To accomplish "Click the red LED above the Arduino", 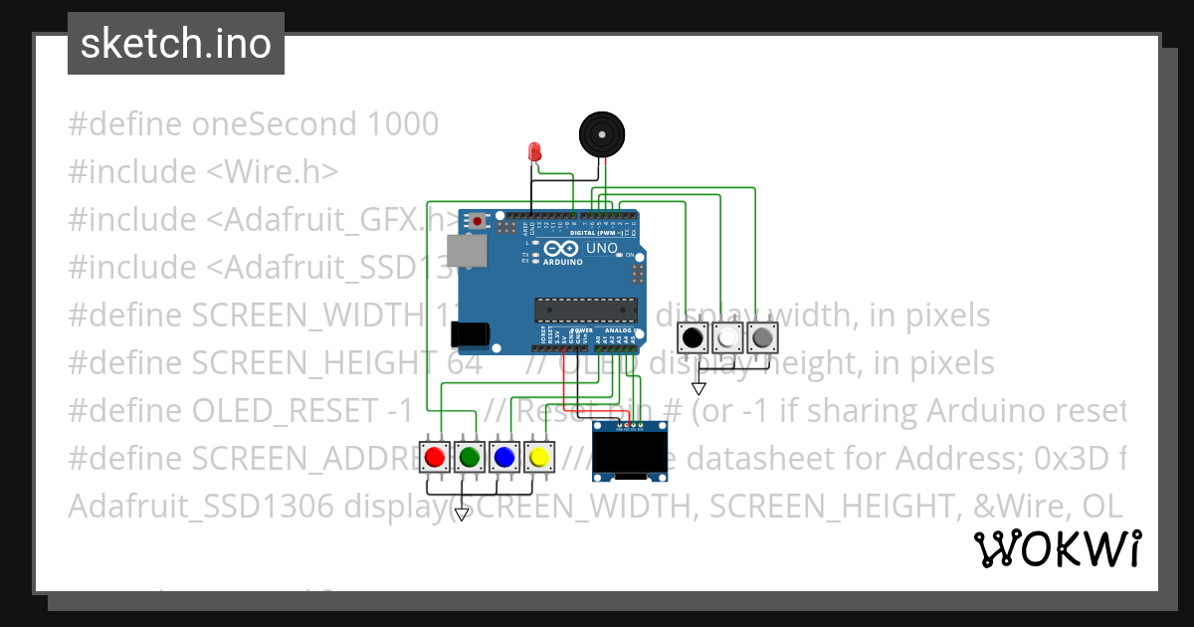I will click(534, 152).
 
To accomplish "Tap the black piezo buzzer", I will click(603, 133).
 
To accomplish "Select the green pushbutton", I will click(469, 457).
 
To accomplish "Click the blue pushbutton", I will click(503, 457).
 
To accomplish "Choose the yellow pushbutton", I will click(538, 457).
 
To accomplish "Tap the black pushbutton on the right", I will click(692, 338).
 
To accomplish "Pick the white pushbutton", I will click(727, 338).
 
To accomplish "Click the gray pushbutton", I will click(762, 338).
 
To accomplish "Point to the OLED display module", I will click(629, 451).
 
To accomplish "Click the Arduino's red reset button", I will click(478, 220).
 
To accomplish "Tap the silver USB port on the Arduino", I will click(466, 251).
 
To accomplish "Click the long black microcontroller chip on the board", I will click(584, 311).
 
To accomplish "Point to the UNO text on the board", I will click(602, 248).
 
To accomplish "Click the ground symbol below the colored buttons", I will click(461, 515).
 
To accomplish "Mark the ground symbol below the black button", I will click(698, 388).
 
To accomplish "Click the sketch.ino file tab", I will click(176, 44).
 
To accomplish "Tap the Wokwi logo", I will click(1057, 548).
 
